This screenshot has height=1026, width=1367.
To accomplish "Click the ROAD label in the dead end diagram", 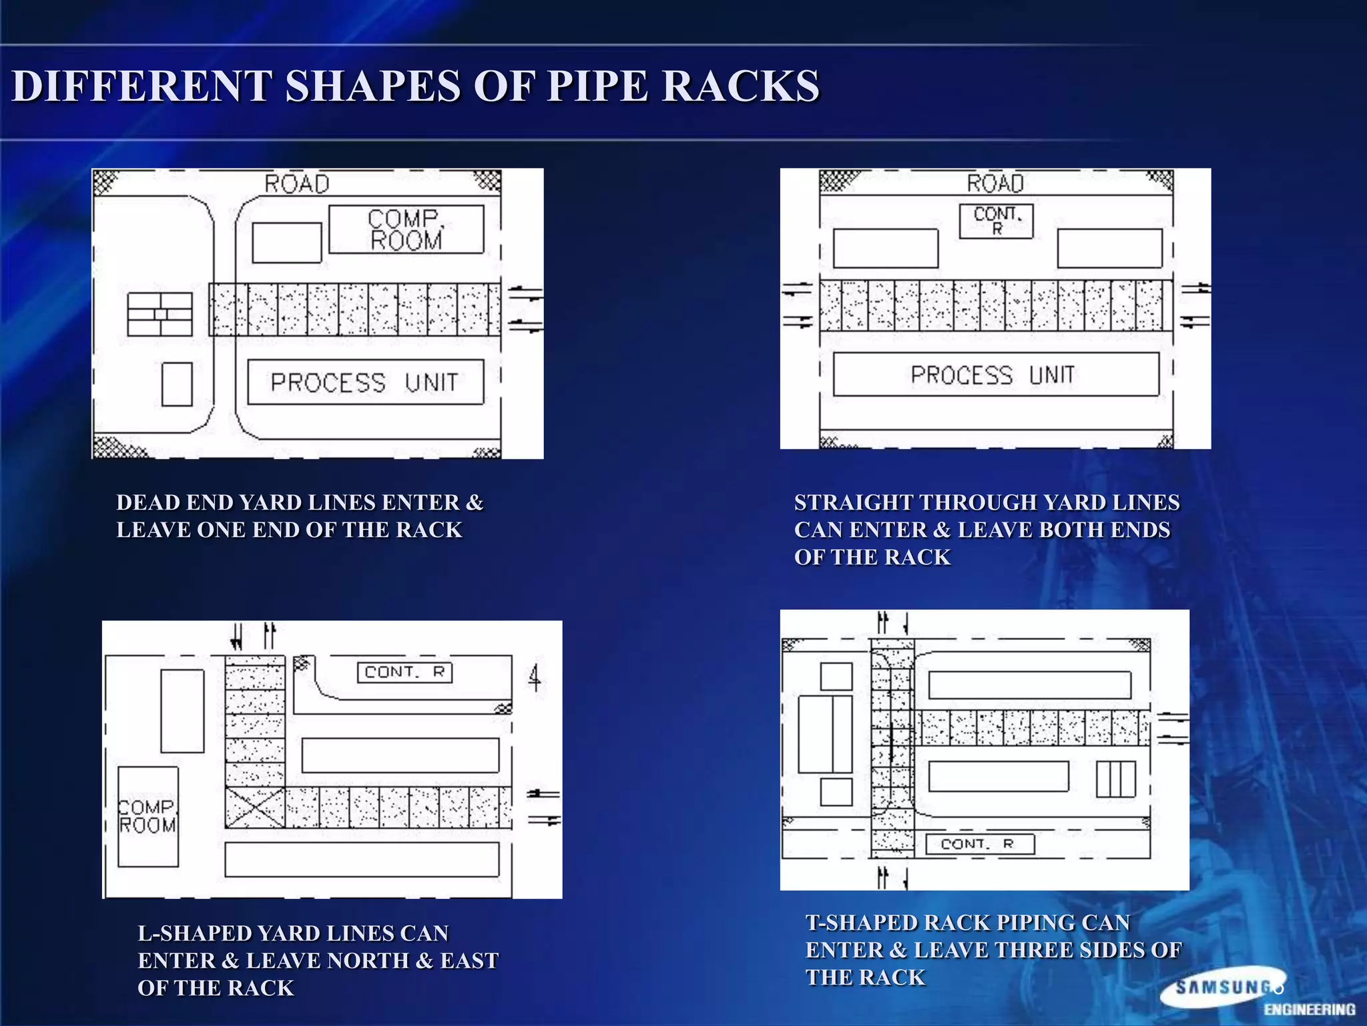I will pos(297,184).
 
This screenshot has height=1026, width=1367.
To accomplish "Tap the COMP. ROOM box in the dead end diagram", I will pos(406,230).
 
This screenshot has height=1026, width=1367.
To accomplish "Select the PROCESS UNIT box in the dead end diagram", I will pos(365,382).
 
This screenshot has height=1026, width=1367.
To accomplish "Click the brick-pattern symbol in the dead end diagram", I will pos(160,314).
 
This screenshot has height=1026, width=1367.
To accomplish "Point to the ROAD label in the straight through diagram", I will pos(995,183).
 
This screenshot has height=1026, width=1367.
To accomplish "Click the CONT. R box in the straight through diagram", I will pos(996,221).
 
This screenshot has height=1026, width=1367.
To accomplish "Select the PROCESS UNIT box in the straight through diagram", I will pos(995,375).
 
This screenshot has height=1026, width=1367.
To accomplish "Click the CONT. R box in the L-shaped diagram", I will pos(404,672).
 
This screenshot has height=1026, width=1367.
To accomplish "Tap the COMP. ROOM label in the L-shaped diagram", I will pos(148,816).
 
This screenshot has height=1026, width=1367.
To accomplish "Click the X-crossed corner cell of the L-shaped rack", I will pos(254,808).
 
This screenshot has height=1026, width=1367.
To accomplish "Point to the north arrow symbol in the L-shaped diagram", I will pos(535,678).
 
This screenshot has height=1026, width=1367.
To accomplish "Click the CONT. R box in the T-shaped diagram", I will pos(979,844).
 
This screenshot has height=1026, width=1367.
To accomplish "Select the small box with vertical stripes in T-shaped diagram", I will pos(1115,779).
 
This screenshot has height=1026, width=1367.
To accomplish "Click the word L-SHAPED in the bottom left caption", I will pos(194,933).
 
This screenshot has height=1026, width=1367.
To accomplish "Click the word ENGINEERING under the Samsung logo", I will pos(1309,1009).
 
